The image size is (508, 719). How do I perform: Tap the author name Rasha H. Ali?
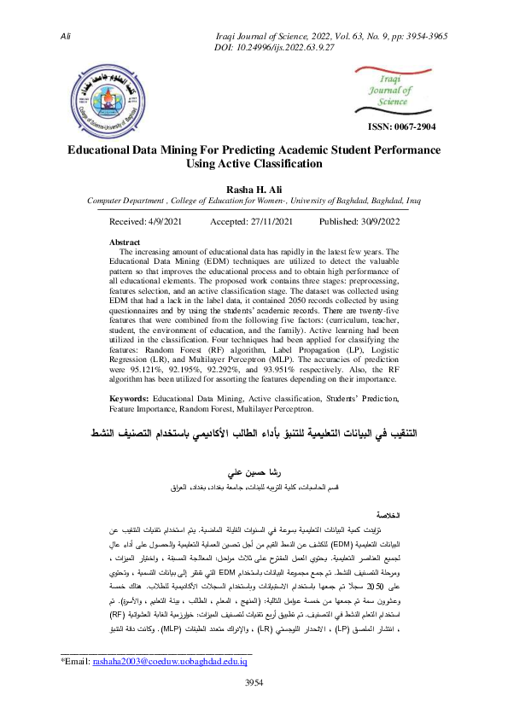[x=253, y=188]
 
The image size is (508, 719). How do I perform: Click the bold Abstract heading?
[x=126, y=243]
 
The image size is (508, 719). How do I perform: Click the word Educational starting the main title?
[x=107, y=149]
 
